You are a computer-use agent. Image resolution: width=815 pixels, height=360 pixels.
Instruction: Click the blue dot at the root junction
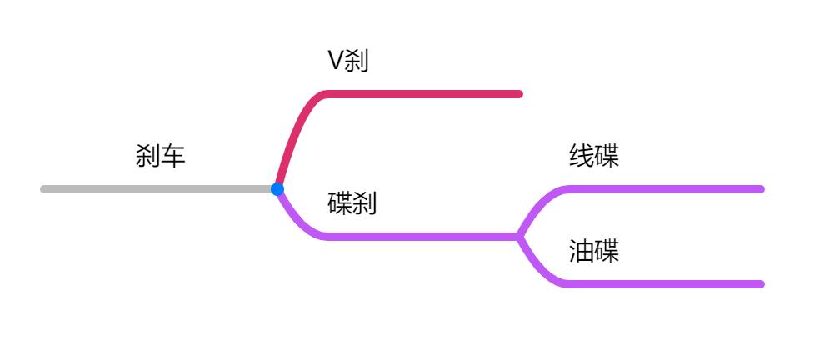click(277, 189)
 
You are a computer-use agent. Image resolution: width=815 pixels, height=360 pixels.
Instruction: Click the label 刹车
click(160, 156)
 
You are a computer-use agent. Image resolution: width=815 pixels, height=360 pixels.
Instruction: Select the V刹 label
click(347, 61)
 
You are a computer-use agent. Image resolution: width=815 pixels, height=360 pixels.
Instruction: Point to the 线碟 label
click(594, 156)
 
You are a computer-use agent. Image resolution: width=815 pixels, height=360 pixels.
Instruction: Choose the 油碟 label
click(594, 251)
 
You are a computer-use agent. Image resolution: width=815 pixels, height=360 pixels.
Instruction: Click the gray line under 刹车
click(158, 189)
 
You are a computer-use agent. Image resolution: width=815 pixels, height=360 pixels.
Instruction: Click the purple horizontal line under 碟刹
click(417, 237)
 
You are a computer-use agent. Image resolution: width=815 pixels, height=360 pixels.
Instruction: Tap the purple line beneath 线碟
click(667, 189)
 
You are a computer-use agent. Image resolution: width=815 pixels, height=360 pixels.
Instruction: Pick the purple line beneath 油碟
click(667, 284)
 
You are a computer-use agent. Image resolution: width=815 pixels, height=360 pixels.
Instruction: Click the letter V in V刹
click(335, 61)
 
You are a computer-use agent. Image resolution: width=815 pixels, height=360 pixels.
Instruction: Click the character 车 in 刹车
click(172, 156)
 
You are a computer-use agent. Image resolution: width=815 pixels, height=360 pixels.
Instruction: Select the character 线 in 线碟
click(582, 156)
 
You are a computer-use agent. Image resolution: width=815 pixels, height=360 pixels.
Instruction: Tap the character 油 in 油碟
click(582, 251)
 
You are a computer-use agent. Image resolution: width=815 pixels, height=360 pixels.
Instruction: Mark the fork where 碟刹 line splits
click(519, 237)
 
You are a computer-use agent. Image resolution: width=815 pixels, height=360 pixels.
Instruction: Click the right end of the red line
click(518, 94)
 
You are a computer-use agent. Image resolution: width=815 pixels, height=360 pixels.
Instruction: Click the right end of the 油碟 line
click(760, 284)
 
